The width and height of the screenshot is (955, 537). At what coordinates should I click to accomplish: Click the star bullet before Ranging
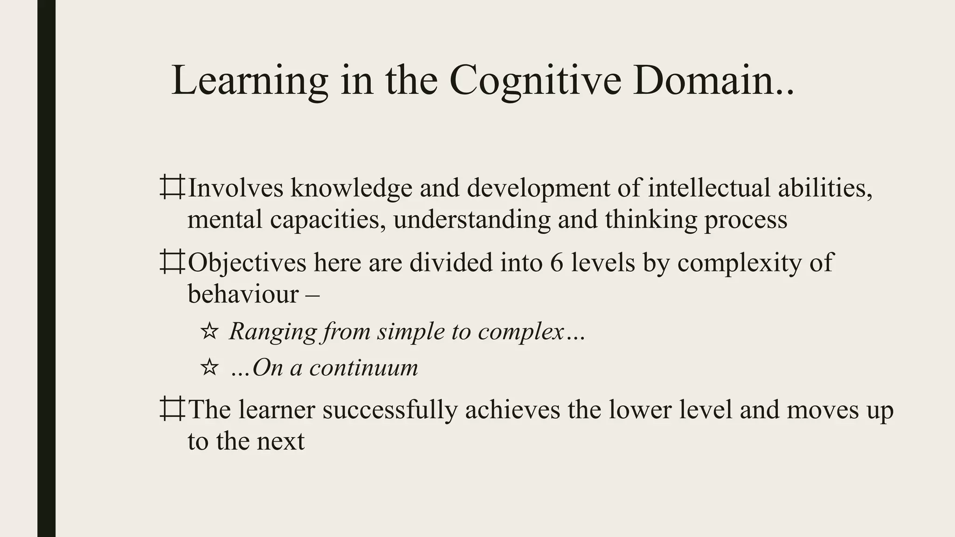point(209,331)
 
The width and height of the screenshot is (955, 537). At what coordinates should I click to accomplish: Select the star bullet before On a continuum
point(209,368)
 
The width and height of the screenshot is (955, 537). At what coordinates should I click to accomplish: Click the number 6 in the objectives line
point(557,262)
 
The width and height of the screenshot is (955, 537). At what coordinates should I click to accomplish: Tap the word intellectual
point(709,187)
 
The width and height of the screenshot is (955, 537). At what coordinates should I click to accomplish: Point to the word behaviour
point(243,294)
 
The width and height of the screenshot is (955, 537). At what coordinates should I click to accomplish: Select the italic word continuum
point(364,368)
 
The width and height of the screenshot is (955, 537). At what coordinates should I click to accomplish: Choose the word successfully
point(390,409)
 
